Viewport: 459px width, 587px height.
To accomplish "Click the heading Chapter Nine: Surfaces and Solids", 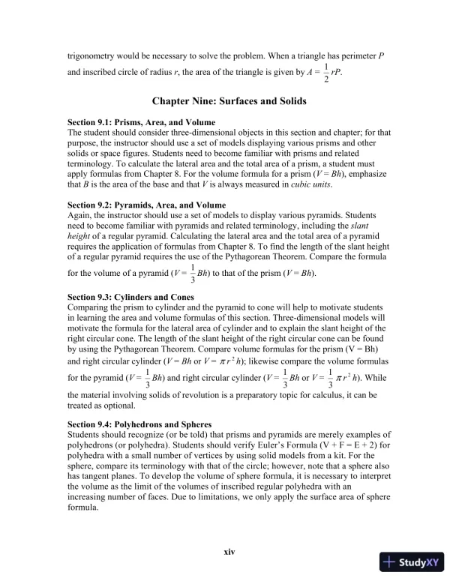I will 229,100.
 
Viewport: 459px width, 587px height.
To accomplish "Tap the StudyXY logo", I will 412,562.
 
